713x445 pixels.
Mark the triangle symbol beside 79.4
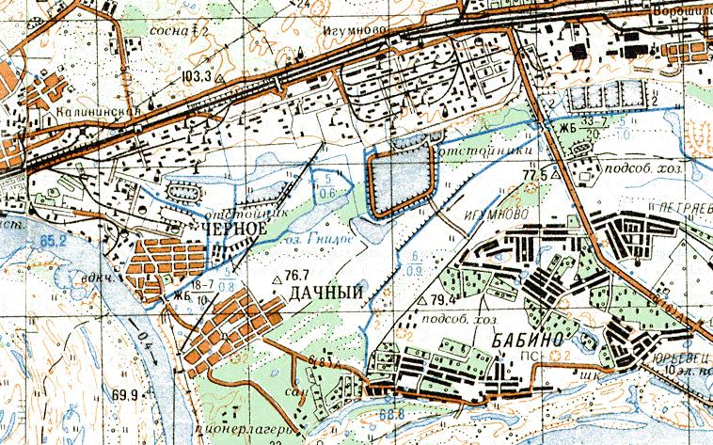tap(420, 300)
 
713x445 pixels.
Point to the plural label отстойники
tap(483, 149)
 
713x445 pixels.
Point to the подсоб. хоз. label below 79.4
tap(462, 319)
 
